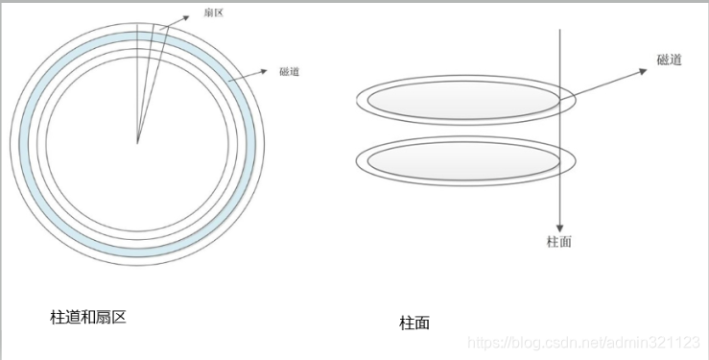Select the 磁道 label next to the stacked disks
point(670,60)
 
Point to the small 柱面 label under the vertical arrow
point(558,242)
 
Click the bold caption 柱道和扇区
point(88,316)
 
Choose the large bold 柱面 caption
point(414,324)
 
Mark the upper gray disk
point(461,100)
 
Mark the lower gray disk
point(461,160)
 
